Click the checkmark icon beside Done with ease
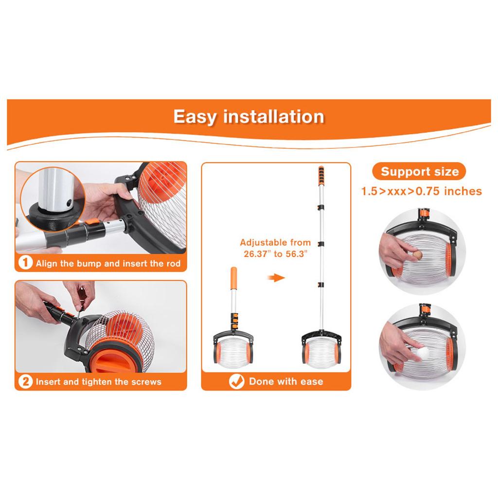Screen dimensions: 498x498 pos(236,381)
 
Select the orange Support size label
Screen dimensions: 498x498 pos(419,172)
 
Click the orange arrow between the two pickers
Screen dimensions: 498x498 pos(277,278)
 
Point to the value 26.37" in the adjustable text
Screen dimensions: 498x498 pos(256,254)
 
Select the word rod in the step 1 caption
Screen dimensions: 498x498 pos(172,264)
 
